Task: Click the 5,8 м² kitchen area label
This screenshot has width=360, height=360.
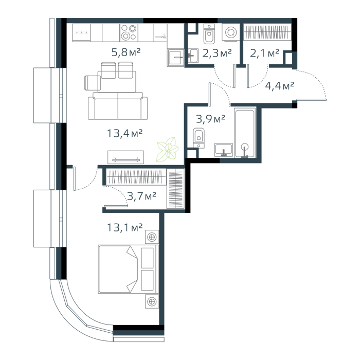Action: point(126,52)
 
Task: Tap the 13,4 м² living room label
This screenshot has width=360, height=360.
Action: point(125,133)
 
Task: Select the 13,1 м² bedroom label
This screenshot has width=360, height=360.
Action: point(125,227)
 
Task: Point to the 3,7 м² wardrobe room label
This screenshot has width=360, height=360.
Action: point(141,196)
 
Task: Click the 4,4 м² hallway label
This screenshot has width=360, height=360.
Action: point(279,86)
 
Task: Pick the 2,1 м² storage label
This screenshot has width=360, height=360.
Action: point(264,53)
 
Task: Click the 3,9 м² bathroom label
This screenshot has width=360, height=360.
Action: point(210,119)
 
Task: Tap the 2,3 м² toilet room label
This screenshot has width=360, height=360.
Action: point(217,53)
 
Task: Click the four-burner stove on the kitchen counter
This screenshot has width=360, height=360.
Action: point(129,32)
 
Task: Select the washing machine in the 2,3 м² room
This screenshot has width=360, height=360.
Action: point(230,32)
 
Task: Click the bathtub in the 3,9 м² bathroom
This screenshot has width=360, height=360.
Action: point(245,133)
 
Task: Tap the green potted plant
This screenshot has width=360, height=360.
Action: point(168,150)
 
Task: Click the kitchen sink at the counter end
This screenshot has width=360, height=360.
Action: point(176,58)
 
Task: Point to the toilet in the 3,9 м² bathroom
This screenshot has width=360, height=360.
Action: point(199,138)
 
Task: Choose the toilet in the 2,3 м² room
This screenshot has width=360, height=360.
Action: point(209,34)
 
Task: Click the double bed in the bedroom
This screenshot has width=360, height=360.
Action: point(129,269)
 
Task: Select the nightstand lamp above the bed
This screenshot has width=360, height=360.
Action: point(152,237)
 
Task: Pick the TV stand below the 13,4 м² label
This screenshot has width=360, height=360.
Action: point(126,157)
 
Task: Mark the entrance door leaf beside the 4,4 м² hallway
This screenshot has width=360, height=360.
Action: point(311,99)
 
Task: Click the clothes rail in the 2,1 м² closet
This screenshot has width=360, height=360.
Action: point(267,32)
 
